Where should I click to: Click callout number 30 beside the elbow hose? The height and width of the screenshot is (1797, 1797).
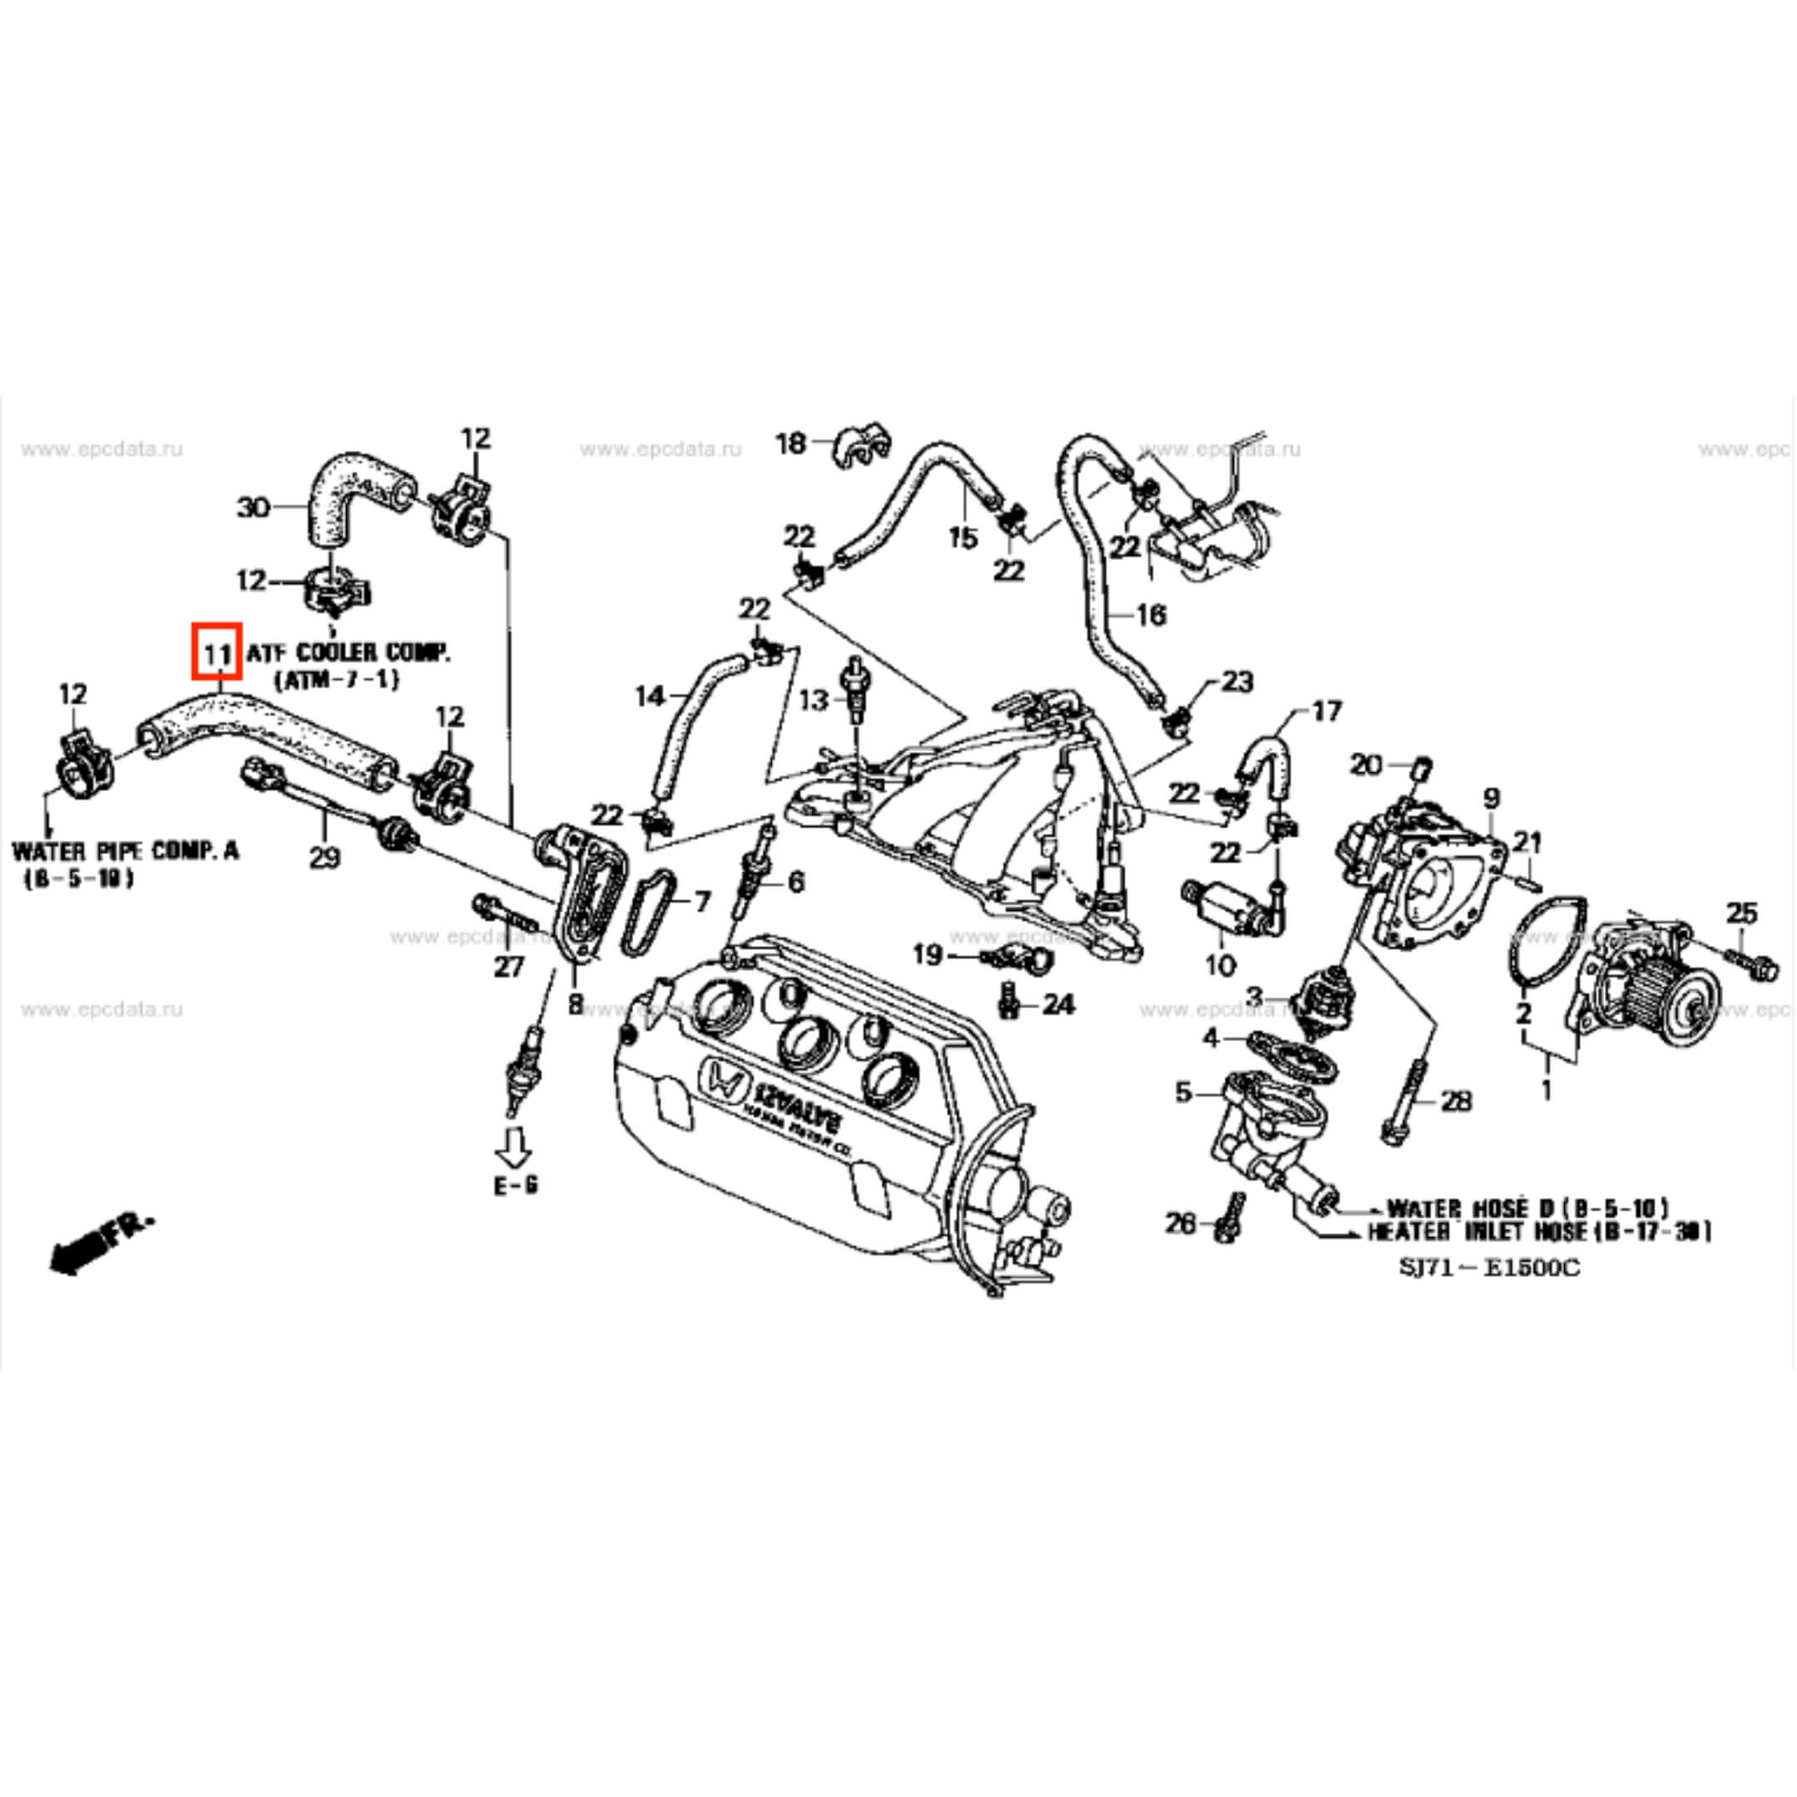pos(253,507)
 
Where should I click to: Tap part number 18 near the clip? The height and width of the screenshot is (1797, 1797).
pos(790,443)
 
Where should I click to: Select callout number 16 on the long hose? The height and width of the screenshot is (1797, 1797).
pos(1151,615)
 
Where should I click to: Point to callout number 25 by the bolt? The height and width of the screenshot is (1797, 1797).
pos(1741,913)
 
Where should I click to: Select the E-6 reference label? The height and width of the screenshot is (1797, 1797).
pos(515,1186)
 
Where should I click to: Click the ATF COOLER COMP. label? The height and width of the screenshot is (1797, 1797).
pos(349,653)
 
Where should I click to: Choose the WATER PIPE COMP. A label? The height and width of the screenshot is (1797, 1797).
pos(125,850)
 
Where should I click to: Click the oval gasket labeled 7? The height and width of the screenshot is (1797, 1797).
pos(646,913)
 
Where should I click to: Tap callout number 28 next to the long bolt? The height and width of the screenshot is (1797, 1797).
pos(1457,1101)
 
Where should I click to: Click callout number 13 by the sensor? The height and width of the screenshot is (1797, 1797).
pos(813,700)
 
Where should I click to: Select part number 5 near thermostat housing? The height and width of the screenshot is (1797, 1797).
pos(1183,1092)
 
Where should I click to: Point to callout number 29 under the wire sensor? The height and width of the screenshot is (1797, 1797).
pos(324,859)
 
